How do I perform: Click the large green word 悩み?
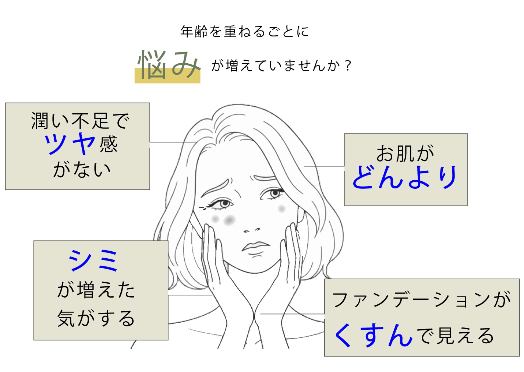169,64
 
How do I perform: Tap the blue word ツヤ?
70,143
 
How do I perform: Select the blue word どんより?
404,177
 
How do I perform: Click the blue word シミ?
93,260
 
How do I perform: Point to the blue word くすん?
373,335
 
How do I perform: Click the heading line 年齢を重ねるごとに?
244,32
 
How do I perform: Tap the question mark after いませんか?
348,66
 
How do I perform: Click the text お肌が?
405,153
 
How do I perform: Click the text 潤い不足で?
80,121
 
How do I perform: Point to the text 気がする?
96,318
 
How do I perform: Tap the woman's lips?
255,246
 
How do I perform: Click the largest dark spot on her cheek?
229,220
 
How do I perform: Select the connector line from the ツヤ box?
173,142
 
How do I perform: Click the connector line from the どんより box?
324,166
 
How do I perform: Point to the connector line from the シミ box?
190,295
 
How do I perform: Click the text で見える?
455,336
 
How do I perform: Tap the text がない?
82,169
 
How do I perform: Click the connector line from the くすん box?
293,314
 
